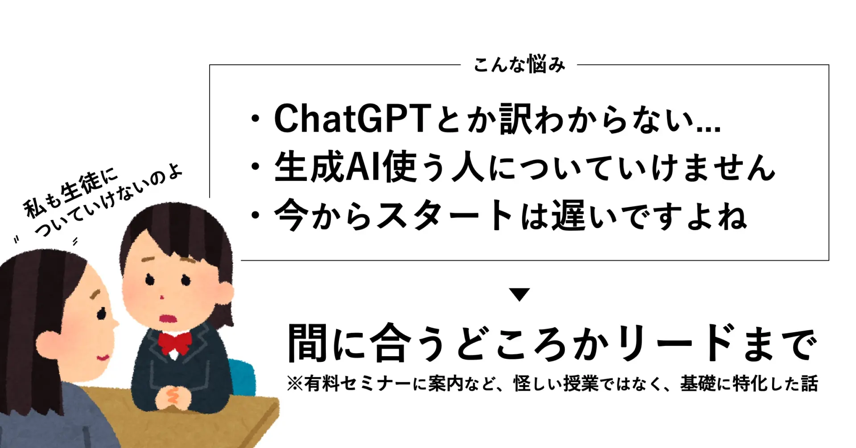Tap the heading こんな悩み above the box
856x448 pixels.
click(519, 65)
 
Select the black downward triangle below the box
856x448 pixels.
click(519, 295)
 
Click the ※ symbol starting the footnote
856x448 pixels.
click(295, 383)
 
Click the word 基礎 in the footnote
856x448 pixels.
click(698, 383)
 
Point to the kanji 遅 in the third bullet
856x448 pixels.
click(568, 216)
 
